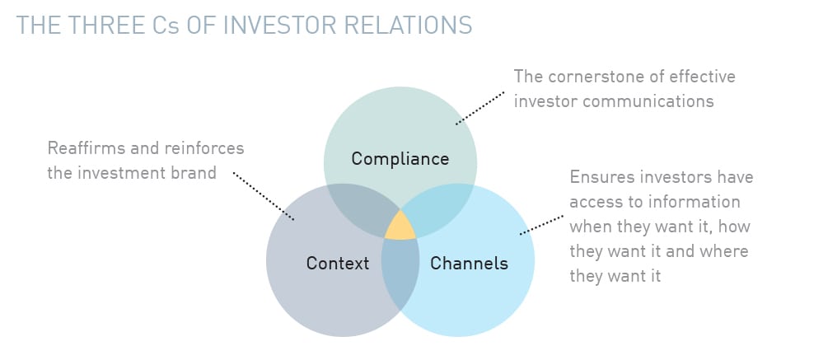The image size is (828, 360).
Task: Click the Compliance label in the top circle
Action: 400,159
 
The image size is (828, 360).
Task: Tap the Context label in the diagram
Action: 338,263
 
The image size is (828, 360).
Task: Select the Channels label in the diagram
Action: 469,263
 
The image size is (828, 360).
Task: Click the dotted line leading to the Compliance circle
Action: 480,107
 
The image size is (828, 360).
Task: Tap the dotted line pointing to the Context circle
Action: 264,196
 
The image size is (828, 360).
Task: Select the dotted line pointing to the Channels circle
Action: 541,224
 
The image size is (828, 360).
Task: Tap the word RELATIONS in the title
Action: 419,26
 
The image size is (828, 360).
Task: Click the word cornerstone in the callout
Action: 595,77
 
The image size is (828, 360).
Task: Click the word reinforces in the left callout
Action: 204,148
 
